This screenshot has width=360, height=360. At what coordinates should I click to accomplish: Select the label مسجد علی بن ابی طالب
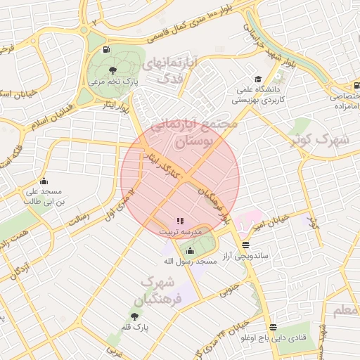click(x=44, y=196)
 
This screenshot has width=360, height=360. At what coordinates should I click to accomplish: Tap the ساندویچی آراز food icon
click(x=245, y=245)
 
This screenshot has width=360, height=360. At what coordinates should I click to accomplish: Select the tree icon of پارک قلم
click(x=134, y=316)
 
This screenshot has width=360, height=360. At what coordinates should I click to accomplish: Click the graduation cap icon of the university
click(x=258, y=79)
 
